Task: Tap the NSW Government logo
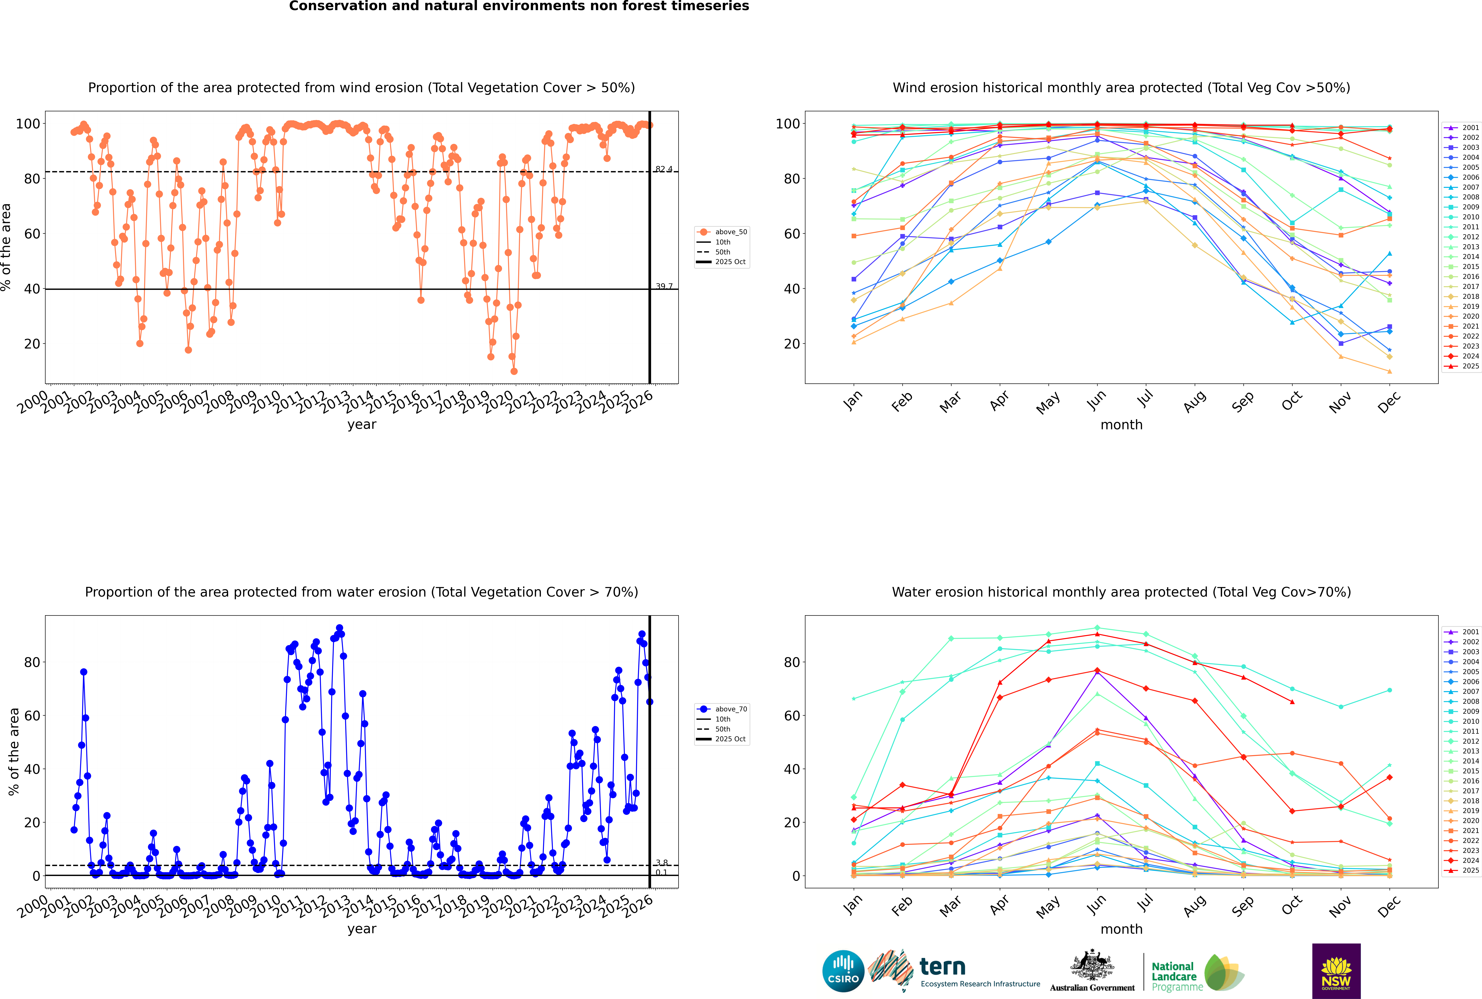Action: pos(1336,970)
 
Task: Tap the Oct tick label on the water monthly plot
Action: pos(1291,905)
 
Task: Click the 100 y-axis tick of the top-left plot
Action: pos(27,124)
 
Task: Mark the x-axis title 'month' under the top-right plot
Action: pos(1121,425)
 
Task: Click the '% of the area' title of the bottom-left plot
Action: pos(13,752)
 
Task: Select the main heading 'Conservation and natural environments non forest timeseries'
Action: pos(519,6)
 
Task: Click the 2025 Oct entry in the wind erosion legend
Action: pos(730,262)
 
